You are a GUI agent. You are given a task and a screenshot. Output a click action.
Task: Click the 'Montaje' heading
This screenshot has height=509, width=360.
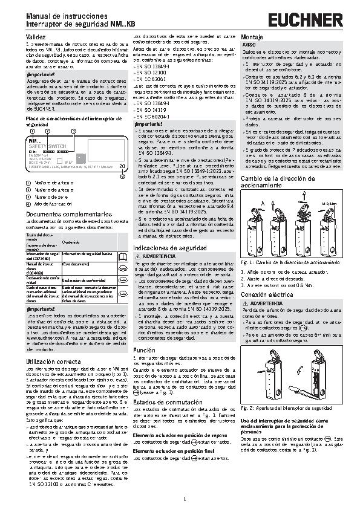tap(251, 37)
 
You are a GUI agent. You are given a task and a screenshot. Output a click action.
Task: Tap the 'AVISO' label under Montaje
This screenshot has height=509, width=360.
tap(249, 45)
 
